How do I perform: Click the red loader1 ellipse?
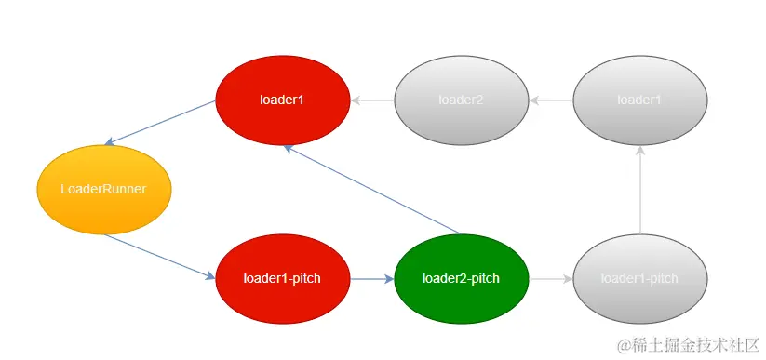click(x=282, y=100)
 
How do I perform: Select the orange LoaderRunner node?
click(x=103, y=189)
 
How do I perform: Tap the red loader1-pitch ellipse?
click(x=282, y=278)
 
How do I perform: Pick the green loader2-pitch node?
click(x=461, y=278)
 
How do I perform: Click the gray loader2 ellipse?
click(x=461, y=100)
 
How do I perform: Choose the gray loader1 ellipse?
click(x=639, y=100)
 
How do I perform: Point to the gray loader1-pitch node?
click(x=639, y=278)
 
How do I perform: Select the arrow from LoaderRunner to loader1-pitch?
click(x=158, y=256)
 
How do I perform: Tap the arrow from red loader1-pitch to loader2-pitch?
click(x=371, y=278)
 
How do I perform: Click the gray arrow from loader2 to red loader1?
click(x=371, y=100)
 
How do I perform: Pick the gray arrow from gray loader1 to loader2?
click(x=550, y=100)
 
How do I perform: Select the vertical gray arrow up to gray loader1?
click(x=639, y=190)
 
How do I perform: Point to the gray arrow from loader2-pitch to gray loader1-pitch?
click(x=550, y=278)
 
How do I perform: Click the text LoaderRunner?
click(x=103, y=189)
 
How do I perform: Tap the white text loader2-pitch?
click(x=461, y=278)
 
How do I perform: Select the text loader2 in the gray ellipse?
click(x=461, y=100)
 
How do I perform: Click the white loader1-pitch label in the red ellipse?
click(x=282, y=278)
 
